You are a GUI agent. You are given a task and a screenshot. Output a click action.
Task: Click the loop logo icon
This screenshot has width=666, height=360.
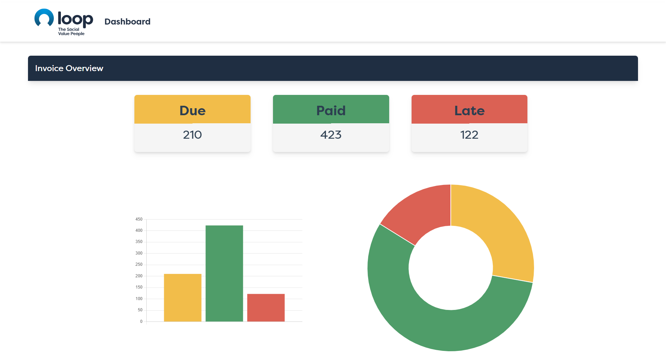click(44, 18)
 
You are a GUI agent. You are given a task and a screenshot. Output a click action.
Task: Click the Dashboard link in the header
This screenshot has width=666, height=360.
click(127, 22)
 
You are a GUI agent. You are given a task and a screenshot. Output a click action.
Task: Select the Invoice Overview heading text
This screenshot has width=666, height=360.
click(69, 68)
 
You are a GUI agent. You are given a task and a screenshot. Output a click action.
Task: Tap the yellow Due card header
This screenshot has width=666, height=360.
click(192, 109)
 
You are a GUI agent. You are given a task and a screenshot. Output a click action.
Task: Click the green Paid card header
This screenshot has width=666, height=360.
click(331, 109)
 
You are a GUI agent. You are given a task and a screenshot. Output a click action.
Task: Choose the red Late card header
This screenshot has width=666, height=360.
click(469, 109)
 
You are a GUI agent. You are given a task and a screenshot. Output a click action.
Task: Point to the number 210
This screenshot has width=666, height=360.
click(192, 135)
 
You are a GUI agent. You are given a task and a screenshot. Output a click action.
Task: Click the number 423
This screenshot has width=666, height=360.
click(331, 135)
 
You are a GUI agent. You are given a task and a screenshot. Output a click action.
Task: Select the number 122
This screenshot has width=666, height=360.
click(469, 135)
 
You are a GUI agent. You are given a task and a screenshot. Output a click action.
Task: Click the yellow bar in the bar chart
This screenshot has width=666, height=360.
click(183, 298)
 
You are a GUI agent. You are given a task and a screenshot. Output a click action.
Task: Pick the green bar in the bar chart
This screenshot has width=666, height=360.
click(224, 274)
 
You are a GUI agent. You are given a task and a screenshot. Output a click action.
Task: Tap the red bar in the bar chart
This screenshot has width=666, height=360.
click(266, 308)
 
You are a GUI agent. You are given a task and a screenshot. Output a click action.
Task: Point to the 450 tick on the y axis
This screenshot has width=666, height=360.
click(139, 219)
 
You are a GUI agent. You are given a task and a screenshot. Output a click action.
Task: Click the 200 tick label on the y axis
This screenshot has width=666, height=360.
click(139, 276)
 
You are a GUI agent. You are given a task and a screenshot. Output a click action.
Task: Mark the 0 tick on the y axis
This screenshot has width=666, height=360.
click(141, 321)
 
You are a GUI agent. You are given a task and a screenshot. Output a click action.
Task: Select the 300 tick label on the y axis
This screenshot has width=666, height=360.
click(139, 253)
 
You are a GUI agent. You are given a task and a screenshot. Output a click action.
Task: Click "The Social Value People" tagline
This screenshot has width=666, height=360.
click(71, 32)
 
